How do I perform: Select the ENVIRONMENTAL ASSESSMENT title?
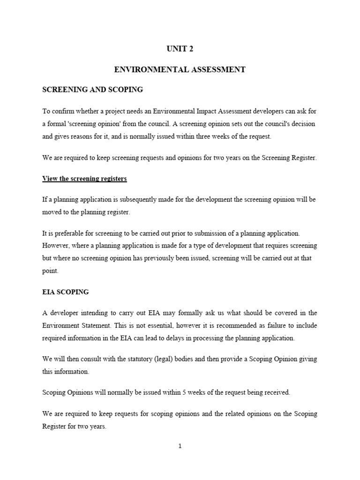[x=180, y=69]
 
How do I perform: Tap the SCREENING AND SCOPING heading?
[x=92, y=89]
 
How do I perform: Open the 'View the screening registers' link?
[x=84, y=179]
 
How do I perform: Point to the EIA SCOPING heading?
[x=65, y=292]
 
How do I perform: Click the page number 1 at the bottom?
[x=180, y=446]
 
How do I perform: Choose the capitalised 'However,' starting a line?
[x=56, y=246]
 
